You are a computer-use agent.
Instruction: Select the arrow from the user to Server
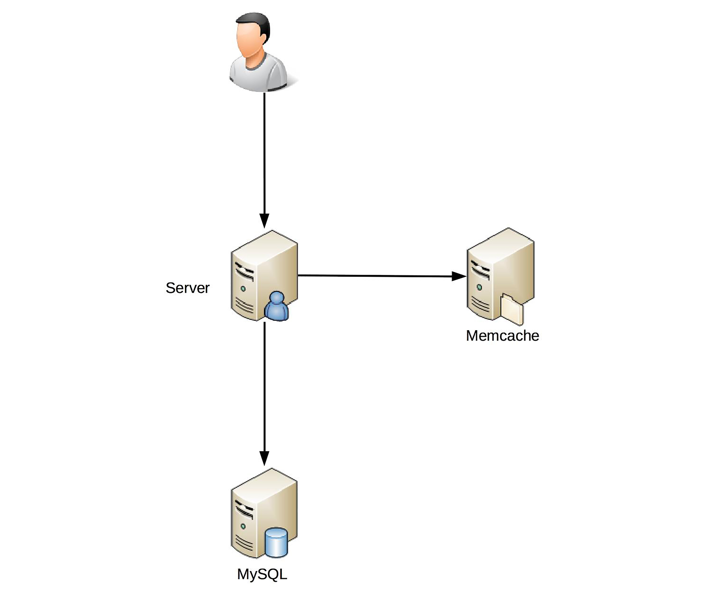264,154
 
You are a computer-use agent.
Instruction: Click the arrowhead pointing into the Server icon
264,220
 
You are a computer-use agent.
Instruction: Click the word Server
187,288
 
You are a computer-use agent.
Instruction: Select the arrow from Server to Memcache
376,276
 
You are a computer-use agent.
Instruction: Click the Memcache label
502,336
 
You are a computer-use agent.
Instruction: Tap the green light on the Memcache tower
479,288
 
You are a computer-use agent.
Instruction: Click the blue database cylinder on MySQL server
277,543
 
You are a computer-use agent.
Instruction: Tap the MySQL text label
262,574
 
